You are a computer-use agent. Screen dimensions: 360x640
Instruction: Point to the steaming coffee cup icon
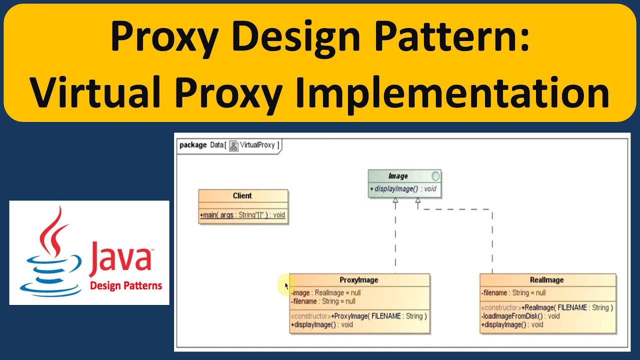pos(51,255)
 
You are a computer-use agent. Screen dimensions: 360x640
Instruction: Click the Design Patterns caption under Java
pos(126,286)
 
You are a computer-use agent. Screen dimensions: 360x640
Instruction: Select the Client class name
pos(242,196)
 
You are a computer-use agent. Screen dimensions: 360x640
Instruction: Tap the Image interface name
pos(398,176)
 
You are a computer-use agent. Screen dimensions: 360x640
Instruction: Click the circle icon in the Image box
pos(435,176)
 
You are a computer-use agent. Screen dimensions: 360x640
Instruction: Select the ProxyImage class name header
pos(358,280)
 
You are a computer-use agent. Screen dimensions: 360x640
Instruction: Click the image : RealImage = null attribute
pos(325,293)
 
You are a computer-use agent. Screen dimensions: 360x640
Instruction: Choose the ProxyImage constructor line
pos(358,316)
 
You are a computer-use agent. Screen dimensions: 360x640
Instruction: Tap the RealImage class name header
pos(546,280)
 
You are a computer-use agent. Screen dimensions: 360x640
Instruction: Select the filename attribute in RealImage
pos(513,293)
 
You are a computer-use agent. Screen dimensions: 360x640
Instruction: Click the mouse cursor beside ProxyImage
pos(286,285)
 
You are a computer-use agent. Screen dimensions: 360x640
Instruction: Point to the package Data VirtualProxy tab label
pos(229,145)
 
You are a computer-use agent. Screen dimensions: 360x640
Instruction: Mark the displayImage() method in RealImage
pos(512,324)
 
